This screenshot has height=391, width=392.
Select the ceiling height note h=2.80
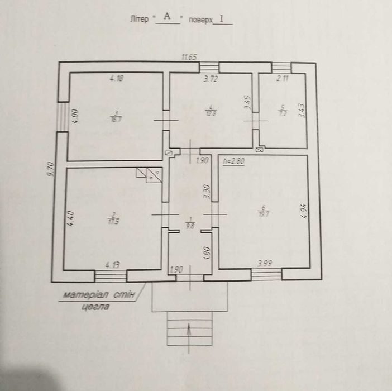(234, 160)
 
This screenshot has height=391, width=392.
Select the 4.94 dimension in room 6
(303, 212)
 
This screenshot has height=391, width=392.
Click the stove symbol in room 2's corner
(151, 175)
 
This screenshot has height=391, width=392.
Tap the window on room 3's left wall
(62, 118)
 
